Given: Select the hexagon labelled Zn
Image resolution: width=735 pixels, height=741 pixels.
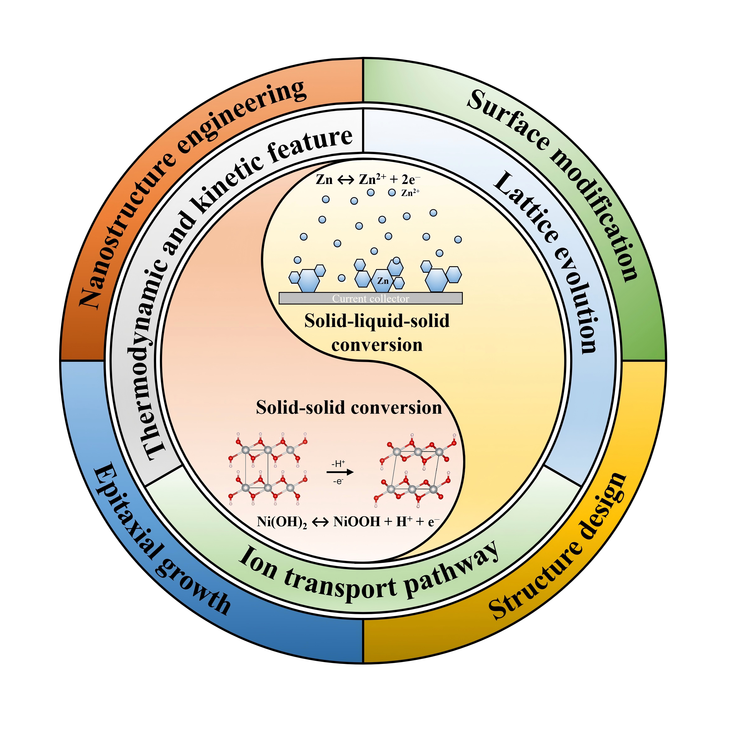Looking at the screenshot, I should (x=383, y=281).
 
